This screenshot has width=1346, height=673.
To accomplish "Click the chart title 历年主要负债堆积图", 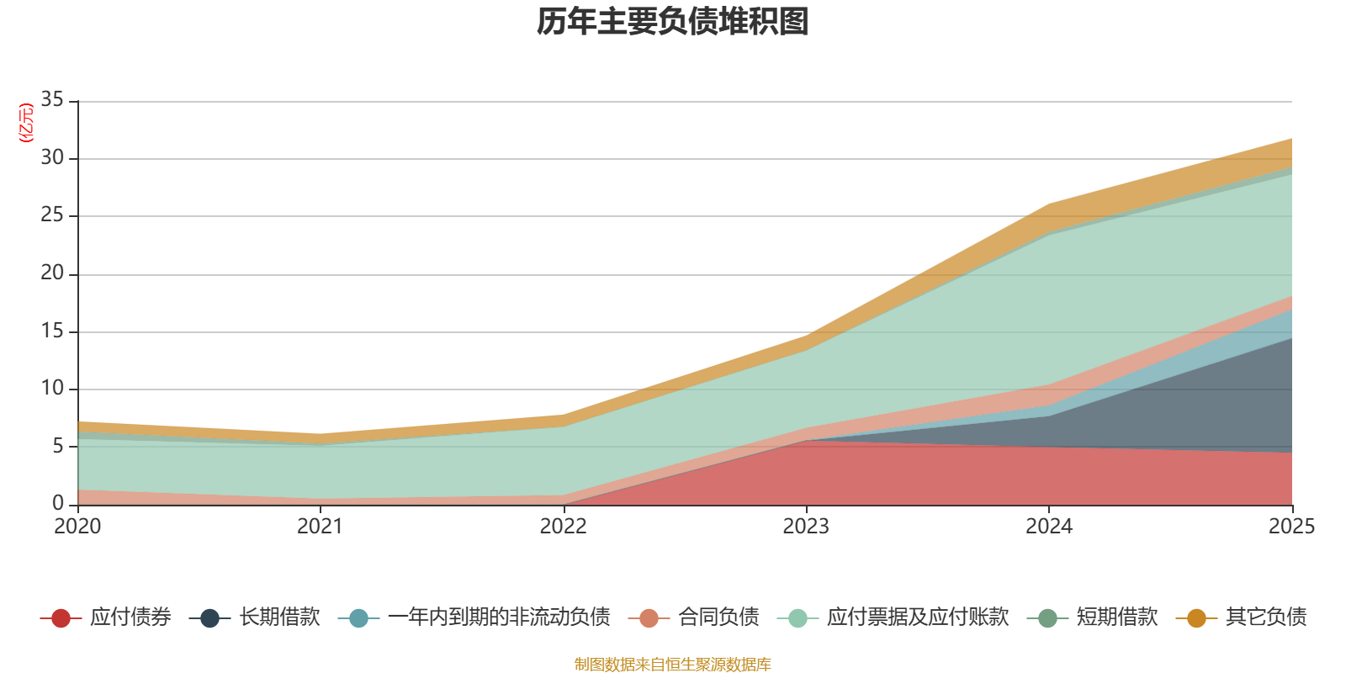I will point(673,22).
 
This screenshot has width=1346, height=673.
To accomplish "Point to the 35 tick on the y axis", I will point(52,100).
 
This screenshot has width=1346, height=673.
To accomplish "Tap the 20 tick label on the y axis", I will point(52,273).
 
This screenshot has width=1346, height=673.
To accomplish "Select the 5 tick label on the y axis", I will point(58,446).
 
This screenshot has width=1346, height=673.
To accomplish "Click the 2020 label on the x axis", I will point(77,527).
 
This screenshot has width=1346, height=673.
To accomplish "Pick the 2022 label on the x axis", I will point(563,527).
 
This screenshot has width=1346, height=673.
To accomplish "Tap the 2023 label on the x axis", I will point(806,527).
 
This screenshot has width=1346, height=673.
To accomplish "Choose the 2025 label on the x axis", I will point(1290,527).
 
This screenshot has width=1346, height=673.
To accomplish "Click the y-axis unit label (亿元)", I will point(26,123).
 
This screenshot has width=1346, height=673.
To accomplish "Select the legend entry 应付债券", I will point(130,617).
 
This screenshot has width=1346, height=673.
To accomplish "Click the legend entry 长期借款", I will point(278,617).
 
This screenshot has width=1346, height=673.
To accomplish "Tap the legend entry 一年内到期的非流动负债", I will point(498,617).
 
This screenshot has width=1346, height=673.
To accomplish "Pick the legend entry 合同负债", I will point(718,617).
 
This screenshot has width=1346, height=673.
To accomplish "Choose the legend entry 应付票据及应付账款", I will point(917,617).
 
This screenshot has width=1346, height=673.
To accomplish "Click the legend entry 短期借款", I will point(1116,617).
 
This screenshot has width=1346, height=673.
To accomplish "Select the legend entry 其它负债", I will point(1265,617).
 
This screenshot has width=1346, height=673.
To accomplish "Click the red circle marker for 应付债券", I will point(61,618).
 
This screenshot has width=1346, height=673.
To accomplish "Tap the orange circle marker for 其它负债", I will point(1196,618).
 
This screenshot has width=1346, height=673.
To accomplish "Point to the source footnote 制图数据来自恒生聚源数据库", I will point(673,665).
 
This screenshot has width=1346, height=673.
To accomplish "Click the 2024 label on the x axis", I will point(1048,527).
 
